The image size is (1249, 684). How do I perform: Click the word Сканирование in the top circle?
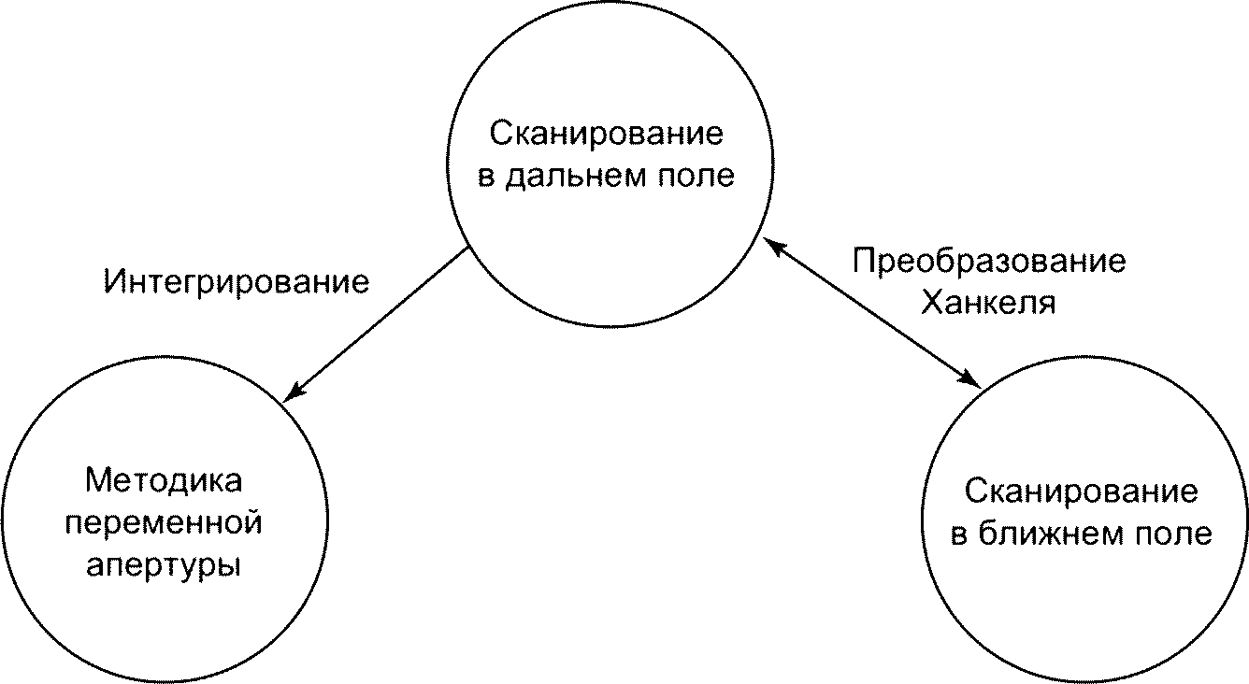[607, 135]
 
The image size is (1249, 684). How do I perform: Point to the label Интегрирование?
[237, 281]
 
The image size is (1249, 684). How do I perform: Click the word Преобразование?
[988, 261]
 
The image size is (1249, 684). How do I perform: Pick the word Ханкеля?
[988, 303]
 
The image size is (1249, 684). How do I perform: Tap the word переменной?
[164, 523]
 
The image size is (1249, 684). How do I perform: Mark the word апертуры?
[164, 565]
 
